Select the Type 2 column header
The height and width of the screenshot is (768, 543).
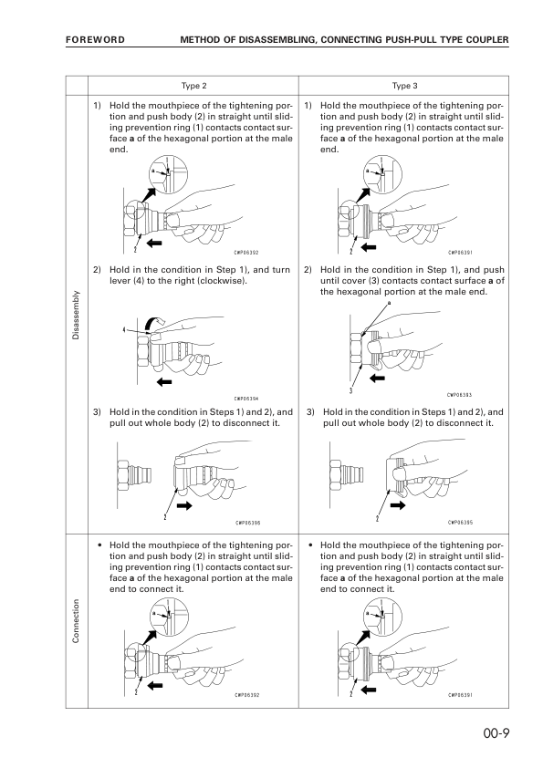(194, 86)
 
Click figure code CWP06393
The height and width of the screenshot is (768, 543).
(460, 394)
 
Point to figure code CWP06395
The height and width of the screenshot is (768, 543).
(460, 523)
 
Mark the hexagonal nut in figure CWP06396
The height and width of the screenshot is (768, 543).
(124, 472)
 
